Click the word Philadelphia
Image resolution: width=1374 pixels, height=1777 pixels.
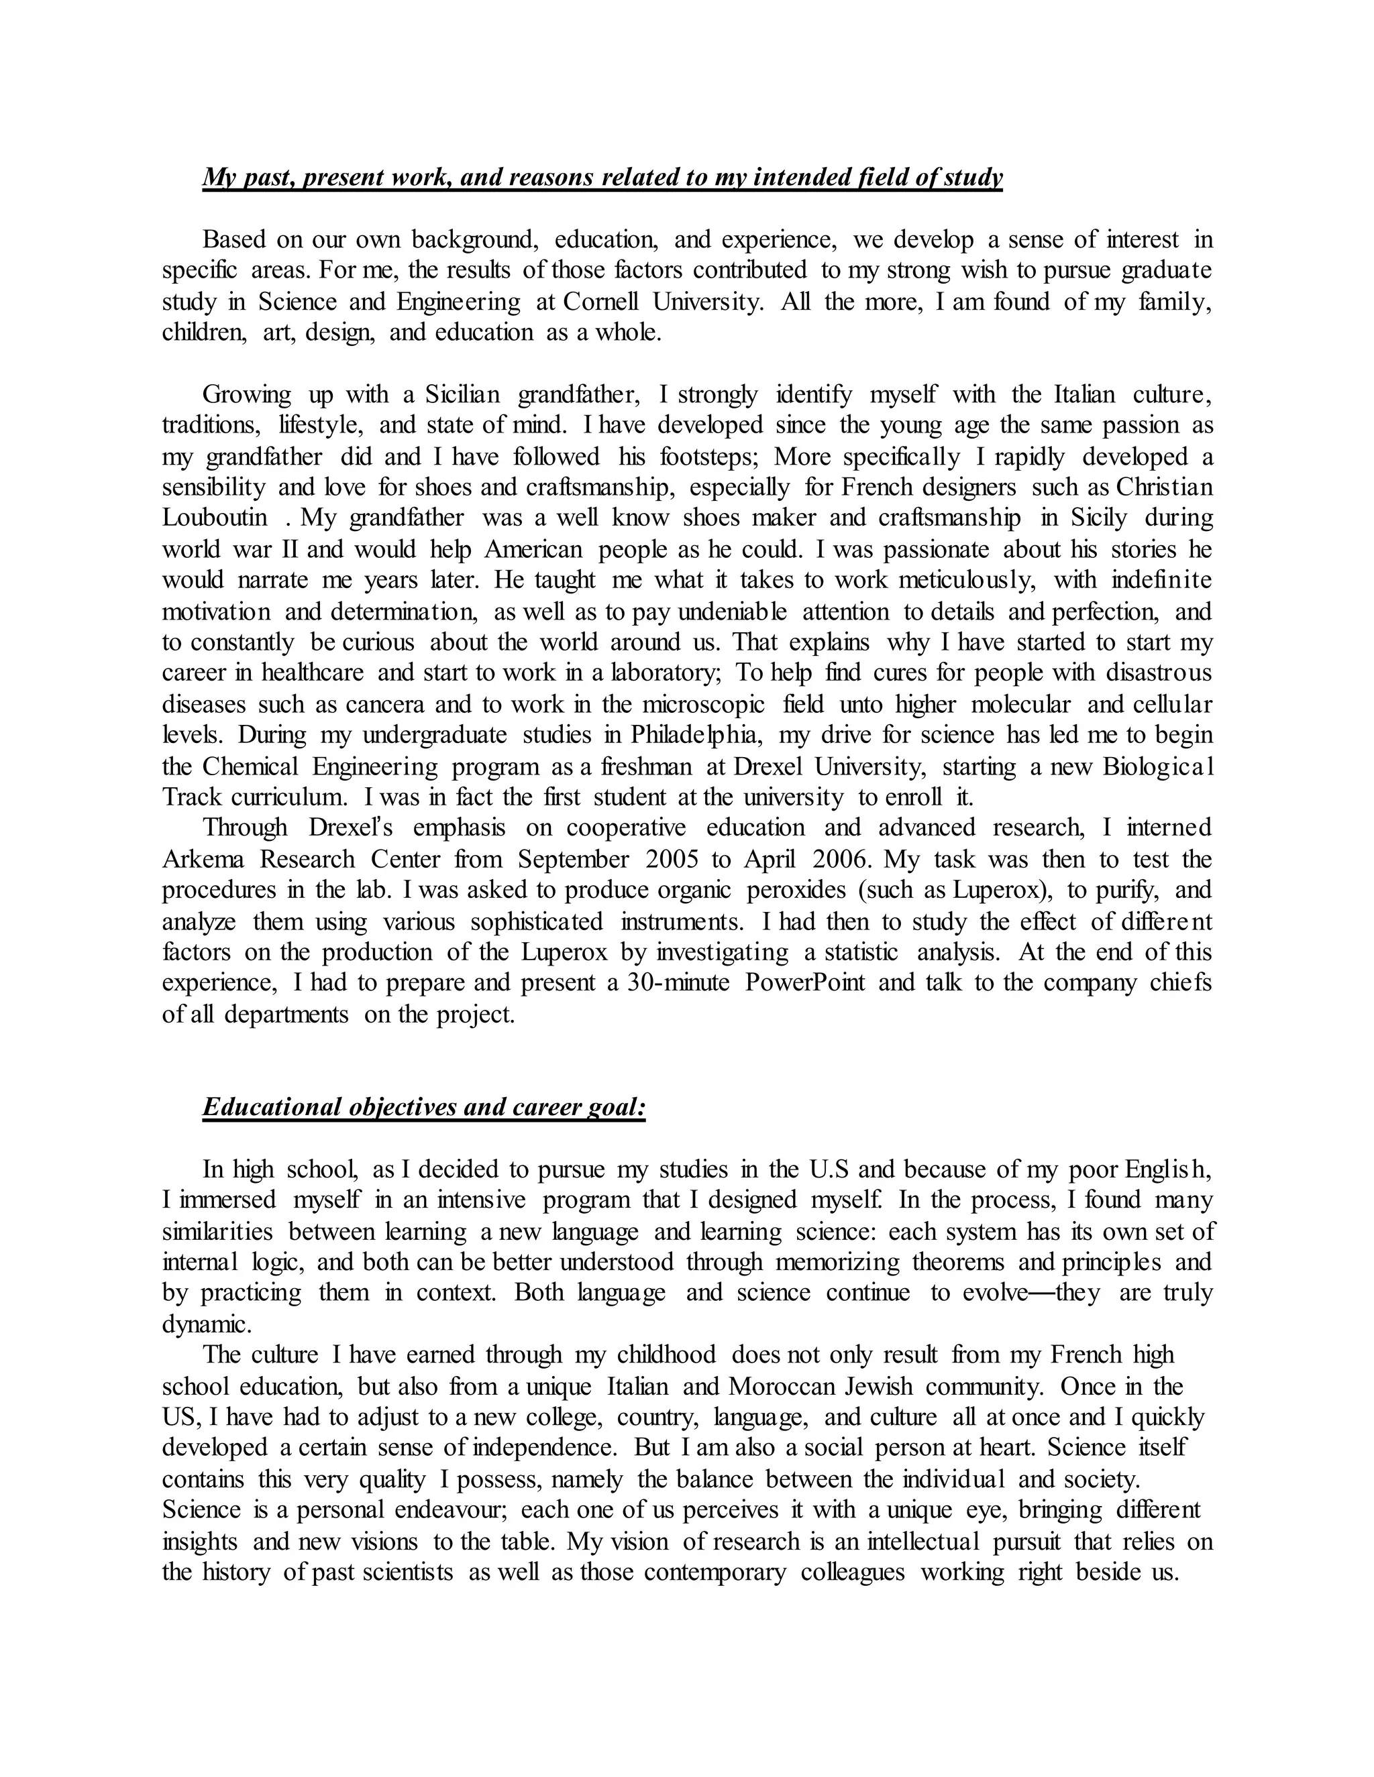tap(695, 736)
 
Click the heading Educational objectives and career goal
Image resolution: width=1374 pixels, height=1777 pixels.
tap(423, 1107)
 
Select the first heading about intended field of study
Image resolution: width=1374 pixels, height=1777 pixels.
tap(602, 178)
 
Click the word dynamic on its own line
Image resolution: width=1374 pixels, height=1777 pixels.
tap(206, 1324)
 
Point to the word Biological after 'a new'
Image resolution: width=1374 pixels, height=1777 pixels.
tap(1157, 766)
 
